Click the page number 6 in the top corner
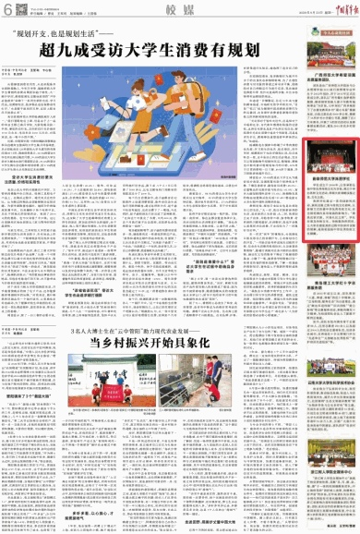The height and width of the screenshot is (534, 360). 7,8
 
